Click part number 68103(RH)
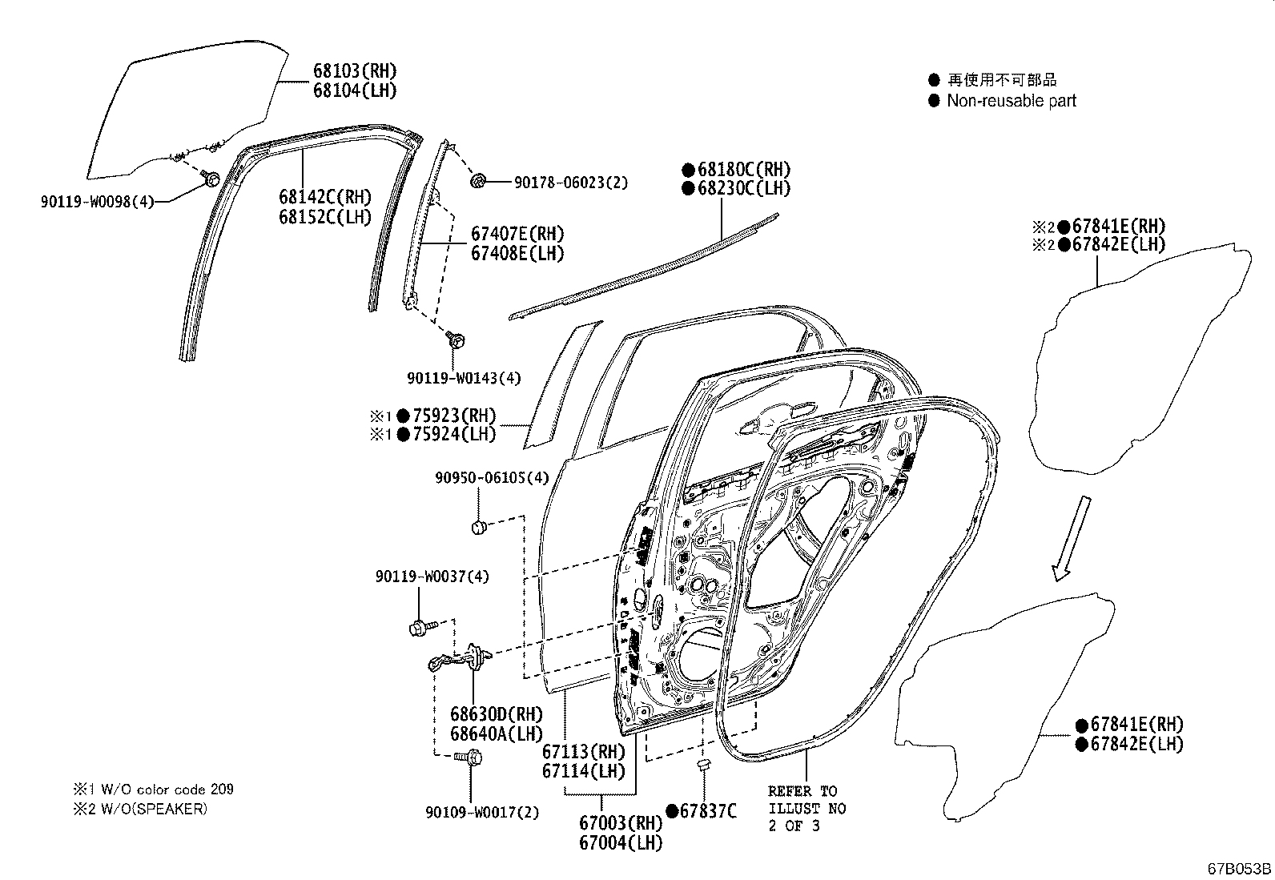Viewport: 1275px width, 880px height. (354, 71)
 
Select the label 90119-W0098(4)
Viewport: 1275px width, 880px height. (96, 202)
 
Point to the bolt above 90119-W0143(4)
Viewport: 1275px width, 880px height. (457, 340)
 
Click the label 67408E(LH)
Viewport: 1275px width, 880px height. (517, 254)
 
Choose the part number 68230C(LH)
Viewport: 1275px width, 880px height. (743, 189)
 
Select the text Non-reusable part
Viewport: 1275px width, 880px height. (1011, 101)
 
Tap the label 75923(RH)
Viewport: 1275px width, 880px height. (453, 416)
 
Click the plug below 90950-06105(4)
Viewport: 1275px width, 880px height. (479, 527)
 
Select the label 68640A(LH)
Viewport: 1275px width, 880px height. (496, 733)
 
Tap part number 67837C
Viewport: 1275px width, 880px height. (707, 811)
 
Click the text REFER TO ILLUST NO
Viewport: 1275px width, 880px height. (806, 800)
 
